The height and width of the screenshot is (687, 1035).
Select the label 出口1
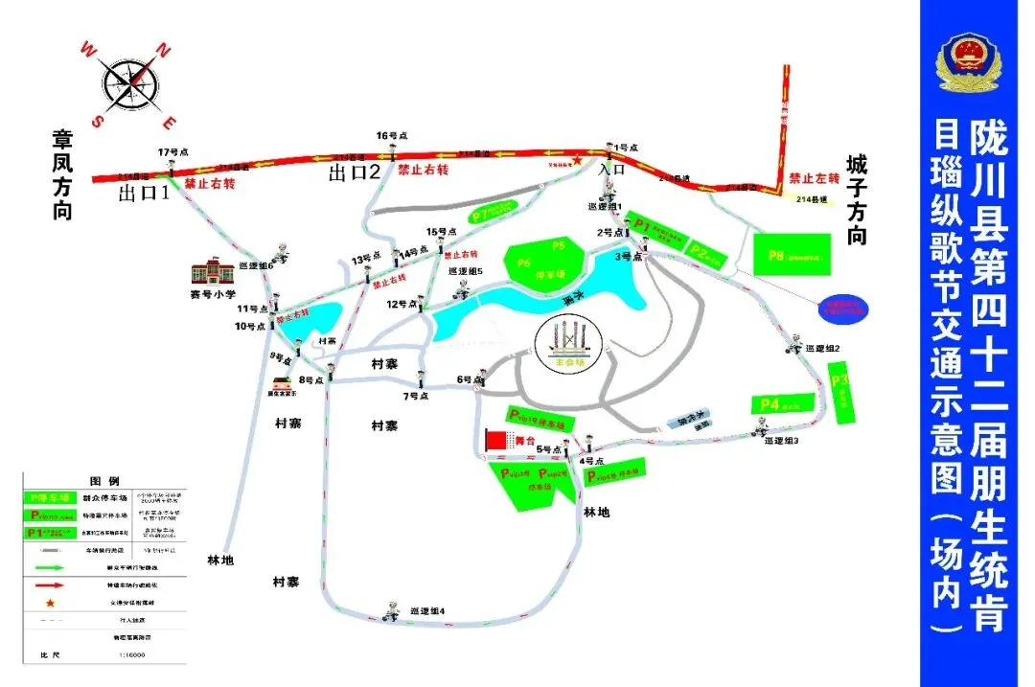point(143,194)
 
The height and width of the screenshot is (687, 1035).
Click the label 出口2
point(355,173)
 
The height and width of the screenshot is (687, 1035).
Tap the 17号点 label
point(173,151)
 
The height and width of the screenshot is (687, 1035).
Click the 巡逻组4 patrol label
point(426,611)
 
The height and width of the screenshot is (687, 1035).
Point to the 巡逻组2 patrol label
point(822,349)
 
